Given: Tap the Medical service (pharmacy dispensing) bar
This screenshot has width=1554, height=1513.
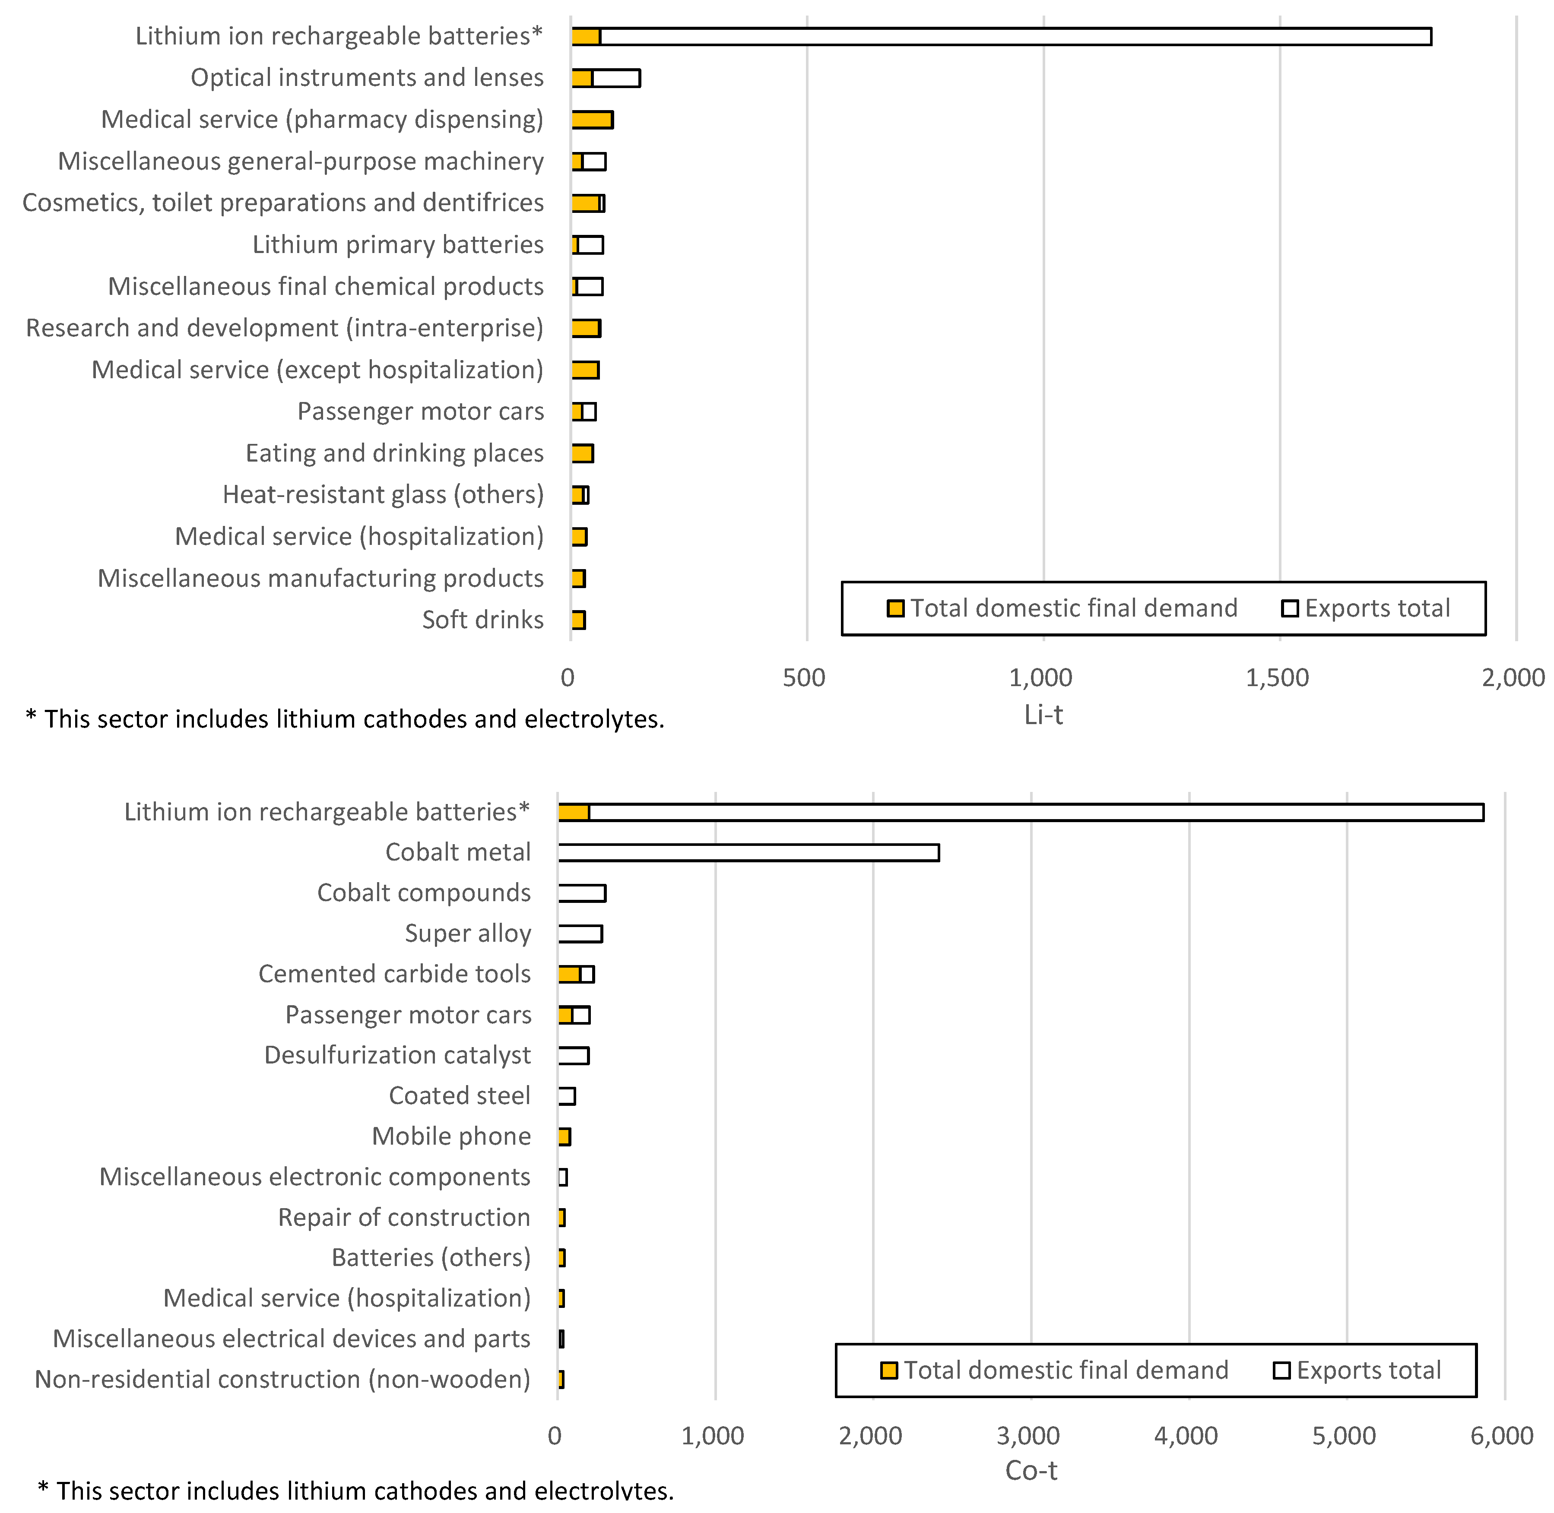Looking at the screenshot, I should coord(592,120).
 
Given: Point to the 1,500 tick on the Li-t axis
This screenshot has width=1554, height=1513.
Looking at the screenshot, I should coord(1278,678).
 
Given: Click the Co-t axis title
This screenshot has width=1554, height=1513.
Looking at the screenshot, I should coord(1031,1470).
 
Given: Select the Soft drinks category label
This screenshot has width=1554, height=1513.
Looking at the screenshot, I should coord(482,620).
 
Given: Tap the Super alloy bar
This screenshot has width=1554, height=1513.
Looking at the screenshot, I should coord(580,934).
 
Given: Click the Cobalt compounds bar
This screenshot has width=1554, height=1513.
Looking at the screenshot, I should coord(582,893).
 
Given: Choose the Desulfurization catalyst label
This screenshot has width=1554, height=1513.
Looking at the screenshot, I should coord(397,1055).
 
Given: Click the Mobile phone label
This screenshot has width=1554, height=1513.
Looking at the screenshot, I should coord(451,1136).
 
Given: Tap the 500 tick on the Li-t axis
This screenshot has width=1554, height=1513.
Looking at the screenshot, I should coord(804,678).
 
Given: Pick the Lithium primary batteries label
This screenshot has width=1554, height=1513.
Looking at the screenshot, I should coord(398,245).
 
